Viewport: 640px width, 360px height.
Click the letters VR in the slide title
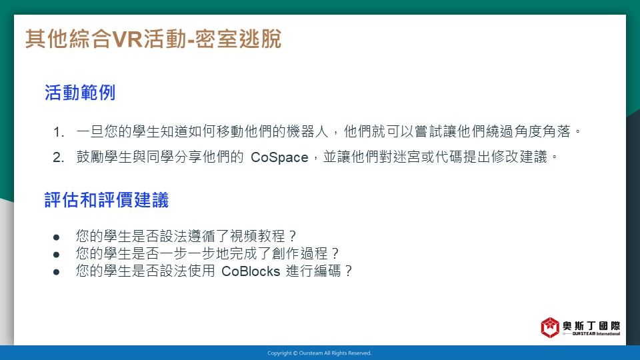coord(127,39)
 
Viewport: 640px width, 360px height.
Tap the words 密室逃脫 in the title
coord(238,39)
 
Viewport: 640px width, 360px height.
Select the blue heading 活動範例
coord(80,93)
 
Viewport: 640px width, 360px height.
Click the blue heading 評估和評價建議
coord(107,200)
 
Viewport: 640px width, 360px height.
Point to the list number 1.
coord(59,132)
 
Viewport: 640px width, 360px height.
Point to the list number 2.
coord(59,157)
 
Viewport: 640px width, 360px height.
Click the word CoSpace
coord(279,157)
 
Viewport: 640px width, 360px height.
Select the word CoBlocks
coord(251,271)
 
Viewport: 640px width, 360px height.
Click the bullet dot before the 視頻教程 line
coord(56,237)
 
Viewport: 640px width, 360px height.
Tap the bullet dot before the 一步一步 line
coord(56,255)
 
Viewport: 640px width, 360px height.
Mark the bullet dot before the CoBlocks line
coord(56,272)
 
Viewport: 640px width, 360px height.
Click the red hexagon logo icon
coord(550,327)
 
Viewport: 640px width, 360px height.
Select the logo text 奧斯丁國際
coord(591,326)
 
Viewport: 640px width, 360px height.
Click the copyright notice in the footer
coord(319,353)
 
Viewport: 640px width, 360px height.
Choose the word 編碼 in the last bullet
coord(327,271)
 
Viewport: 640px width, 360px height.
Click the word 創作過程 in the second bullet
coord(299,253)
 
